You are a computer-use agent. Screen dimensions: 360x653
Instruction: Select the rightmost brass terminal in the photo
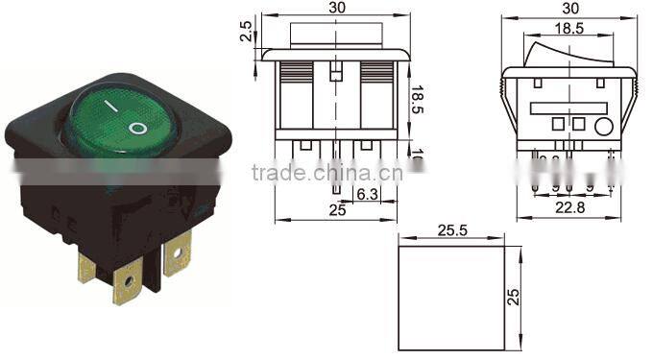(178, 255)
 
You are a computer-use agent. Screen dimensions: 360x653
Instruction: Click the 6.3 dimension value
(366, 194)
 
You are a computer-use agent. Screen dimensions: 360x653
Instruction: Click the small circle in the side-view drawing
(603, 126)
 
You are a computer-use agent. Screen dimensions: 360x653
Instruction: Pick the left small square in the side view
(557, 124)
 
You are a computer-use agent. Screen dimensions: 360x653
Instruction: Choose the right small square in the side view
(579, 124)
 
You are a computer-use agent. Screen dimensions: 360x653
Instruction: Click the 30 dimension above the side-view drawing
(569, 7)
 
